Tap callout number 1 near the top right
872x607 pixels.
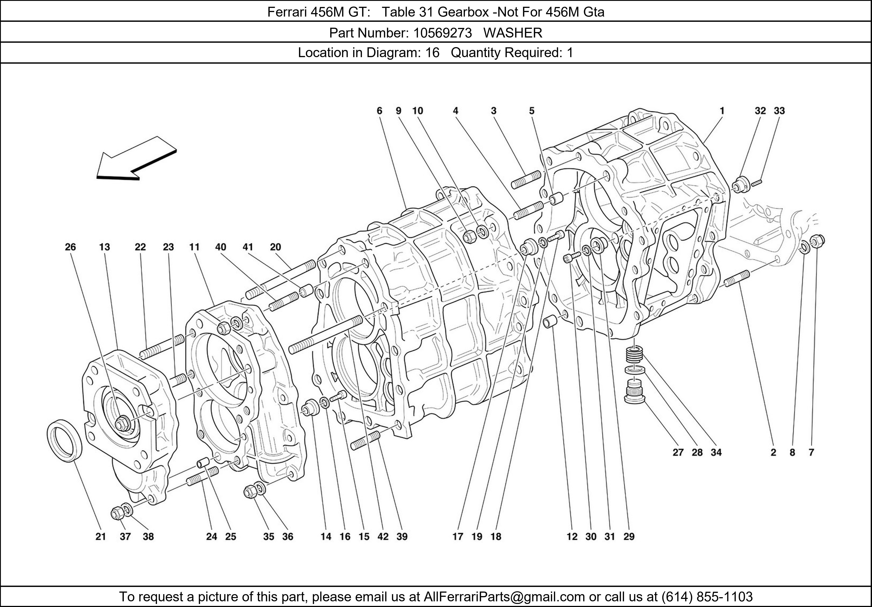(722, 111)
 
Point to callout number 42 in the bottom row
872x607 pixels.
(383, 537)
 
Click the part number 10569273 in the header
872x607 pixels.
(443, 33)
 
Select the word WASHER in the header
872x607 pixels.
(513, 33)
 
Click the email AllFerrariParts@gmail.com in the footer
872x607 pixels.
(504, 597)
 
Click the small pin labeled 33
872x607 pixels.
(755, 183)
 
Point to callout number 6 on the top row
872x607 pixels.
(379, 111)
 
